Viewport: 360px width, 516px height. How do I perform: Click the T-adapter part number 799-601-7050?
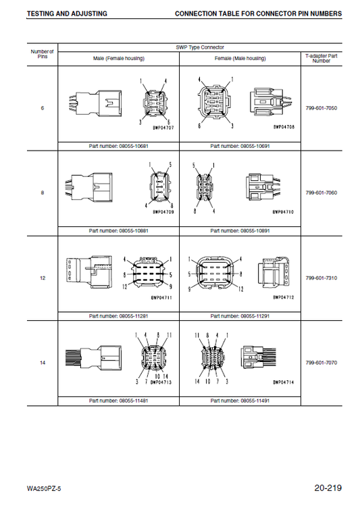click(x=322, y=108)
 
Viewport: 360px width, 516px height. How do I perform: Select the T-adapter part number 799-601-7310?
click(x=322, y=278)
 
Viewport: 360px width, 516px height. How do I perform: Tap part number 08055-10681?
click(x=134, y=146)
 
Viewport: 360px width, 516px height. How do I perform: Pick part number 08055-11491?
click(x=255, y=401)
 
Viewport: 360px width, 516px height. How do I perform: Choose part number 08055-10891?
click(x=255, y=231)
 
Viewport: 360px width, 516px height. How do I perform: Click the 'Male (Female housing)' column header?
click(x=119, y=59)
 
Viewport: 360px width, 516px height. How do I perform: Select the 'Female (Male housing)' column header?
click(x=240, y=59)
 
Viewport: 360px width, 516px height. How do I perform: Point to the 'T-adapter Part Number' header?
click(x=322, y=58)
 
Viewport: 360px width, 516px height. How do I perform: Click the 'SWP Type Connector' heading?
click(x=200, y=47)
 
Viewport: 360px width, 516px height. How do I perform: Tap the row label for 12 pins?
click(x=43, y=278)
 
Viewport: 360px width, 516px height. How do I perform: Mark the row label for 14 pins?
click(x=43, y=363)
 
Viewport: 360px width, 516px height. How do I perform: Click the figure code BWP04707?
click(x=163, y=128)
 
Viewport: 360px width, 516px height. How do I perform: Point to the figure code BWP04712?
click(x=284, y=297)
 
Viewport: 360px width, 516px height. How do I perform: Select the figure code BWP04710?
click(x=283, y=212)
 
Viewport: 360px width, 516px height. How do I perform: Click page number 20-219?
click(x=328, y=488)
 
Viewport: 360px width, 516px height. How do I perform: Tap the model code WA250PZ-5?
click(x=44, y=489)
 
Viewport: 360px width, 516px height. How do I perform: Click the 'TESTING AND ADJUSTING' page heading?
click(x=67, y=14)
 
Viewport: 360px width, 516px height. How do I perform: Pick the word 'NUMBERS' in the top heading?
click(x=326, y=14)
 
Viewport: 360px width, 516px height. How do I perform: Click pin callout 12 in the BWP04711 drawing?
click(x=125, y=287)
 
